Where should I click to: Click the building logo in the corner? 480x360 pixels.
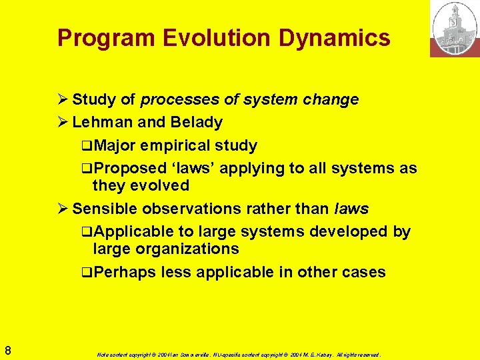455,29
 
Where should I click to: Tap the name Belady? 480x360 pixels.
197,123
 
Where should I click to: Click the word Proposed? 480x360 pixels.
131,168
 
